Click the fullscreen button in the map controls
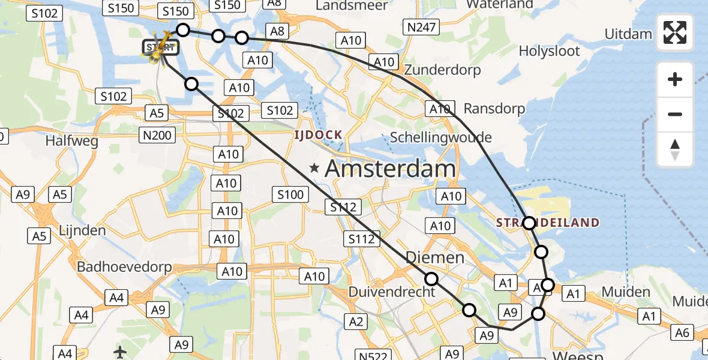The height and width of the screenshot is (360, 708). [x=675, y=32]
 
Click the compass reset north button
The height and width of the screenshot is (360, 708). [x=675, y=149]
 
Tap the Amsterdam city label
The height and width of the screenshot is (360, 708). [x=390, y=169]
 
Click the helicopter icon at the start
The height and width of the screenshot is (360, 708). [x=157, y=50]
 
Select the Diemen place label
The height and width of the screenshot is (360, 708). [x=435, y=257]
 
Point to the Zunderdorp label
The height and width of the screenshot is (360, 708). [x=443, y=70]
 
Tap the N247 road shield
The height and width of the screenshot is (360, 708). [x=422, y=26]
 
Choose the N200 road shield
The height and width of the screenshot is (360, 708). [x=157, y=135]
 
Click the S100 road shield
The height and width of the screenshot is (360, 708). [x=290, y=194]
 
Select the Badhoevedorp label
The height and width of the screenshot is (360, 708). [x=124, y=267]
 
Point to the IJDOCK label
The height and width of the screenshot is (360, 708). [x=318, y=135]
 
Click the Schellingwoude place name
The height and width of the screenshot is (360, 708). [x=440, y=137]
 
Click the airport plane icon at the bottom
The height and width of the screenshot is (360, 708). [x=120, y=352]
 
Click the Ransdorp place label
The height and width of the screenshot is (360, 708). [x=494, y=109]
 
